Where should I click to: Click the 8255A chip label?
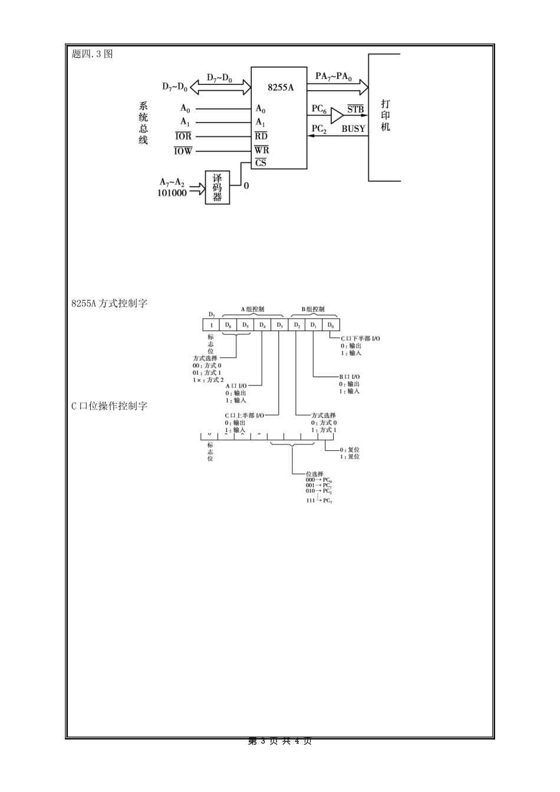pyautogui.click(x=280, y=87)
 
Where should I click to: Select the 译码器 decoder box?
pyautogui.click(x=217, y=187)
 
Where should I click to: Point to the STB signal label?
pyautogui.click(x=355, y=110)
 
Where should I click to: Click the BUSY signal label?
pyautogui.click(x=354, y=128)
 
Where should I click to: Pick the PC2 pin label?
pyautogui.click(x=319, y=128)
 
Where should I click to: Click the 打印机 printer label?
pyautogui.click(x=386, y=115)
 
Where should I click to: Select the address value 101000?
pyautogui.click(x=172, y=193)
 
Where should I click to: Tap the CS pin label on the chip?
pyautogui.click(x=261, y=163)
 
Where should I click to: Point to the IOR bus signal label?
pyautogui.click(x=183, y=137)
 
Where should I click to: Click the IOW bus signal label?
pyautogui.click(x=183, y=151)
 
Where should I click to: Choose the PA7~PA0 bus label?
pyautogui.click(x=334, y=77)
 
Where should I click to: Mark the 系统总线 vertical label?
pyautogui.click(x=143, y=123)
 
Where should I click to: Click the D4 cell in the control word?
pyautogui.click(x=262, y=325)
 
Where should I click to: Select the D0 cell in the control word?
pyautogui.click(x=331, y=325)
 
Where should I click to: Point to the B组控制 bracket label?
pyautogui.click(x=313, y=309)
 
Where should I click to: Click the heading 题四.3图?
pyautogui.click(x=92, y=54)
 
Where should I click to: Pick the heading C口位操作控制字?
pyautogui.click(x=109, y=406)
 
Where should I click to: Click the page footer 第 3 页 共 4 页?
pyautogui.click(x=280, y=741)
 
